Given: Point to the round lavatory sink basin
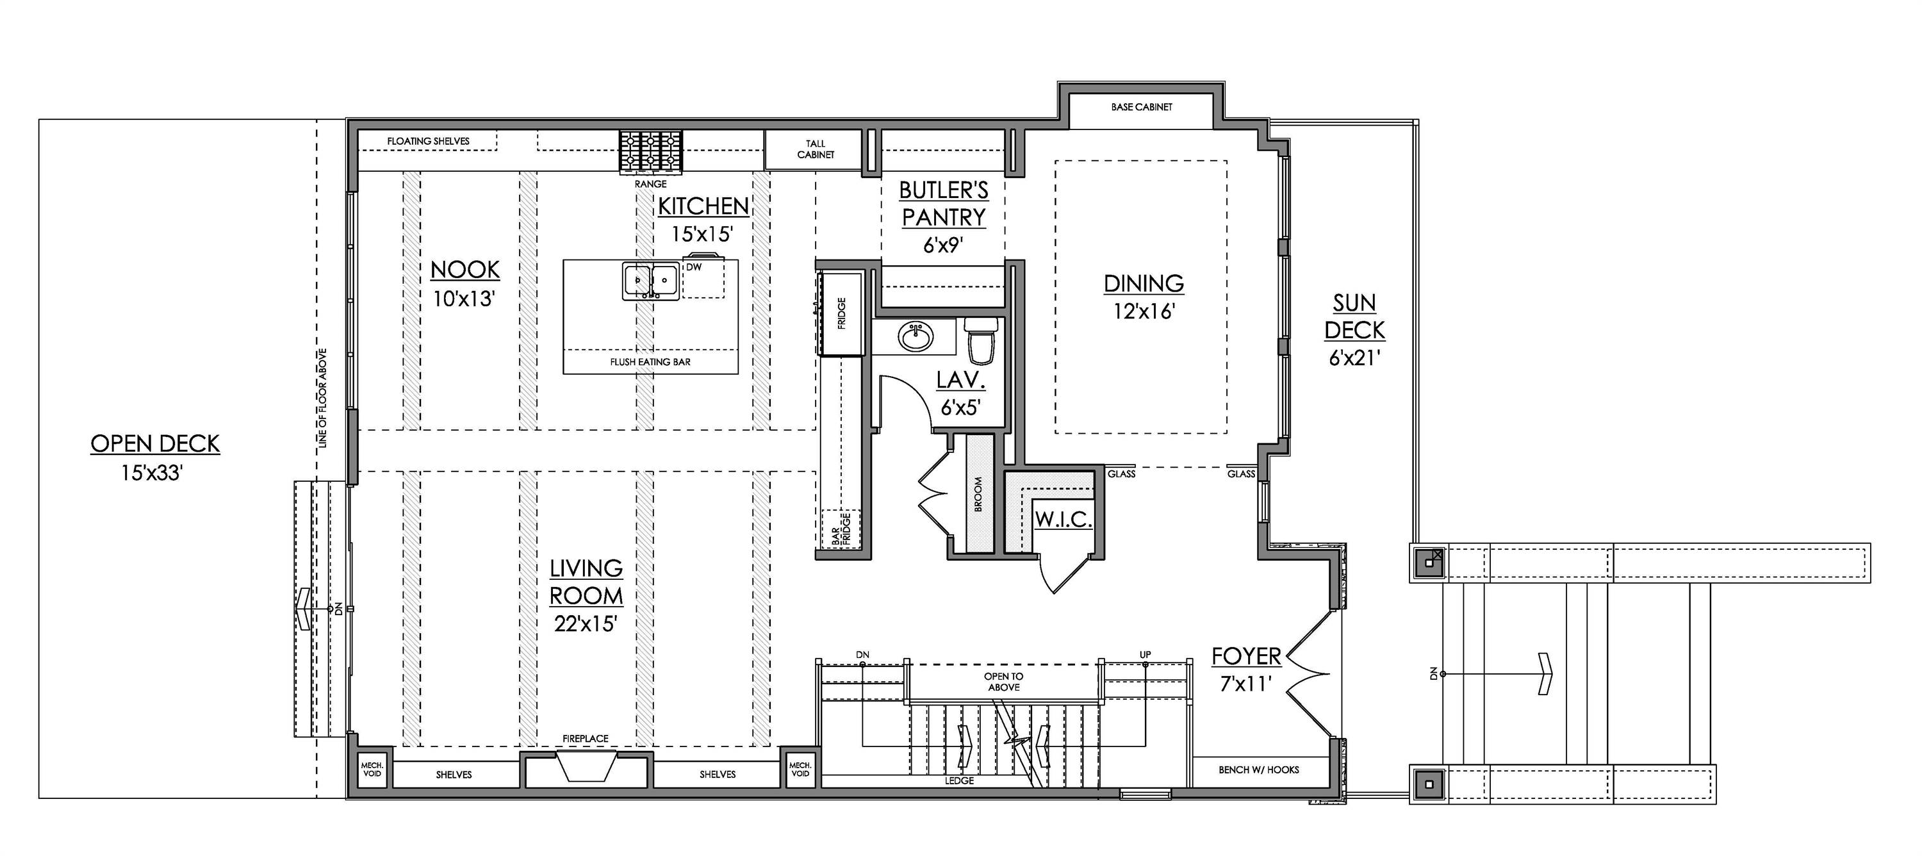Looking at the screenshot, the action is [915, 337].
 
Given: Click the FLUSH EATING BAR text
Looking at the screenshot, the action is [650, 362].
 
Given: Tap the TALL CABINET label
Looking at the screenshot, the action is [816, 149].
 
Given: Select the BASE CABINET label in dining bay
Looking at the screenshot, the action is [1142, 108].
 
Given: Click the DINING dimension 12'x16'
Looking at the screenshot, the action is [1144, 311].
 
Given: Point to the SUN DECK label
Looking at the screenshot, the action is [1355, 317].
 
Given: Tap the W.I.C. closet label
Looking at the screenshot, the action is [1064, 520].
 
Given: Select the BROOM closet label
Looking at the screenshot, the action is [978, 494].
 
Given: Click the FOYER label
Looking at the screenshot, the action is [1246, 656].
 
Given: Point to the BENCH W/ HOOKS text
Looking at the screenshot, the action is [1259, 770].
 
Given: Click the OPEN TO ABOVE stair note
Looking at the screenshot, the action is [1003, 681].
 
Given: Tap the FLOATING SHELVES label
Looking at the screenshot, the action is [428, 140].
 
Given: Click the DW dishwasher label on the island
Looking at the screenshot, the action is [694, 267].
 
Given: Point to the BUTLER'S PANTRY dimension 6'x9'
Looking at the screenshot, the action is [944, 245].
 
